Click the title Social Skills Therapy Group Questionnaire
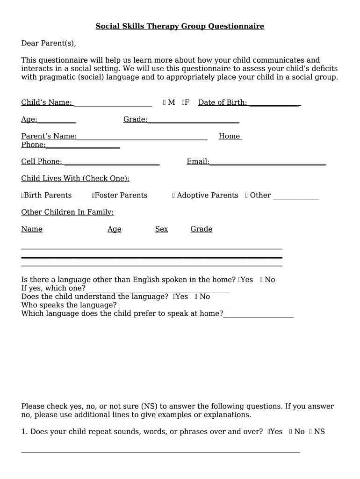pos(180,27)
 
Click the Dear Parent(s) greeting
pos(49,44)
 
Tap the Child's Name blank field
pos(113,103)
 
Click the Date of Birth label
pos(223,102)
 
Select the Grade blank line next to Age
pos(193,120)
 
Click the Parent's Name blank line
pos(142,137)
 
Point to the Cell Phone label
pos(42,161)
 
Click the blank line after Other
pos(295,196)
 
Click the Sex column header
pos(161,229)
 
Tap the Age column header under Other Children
pos(114,229)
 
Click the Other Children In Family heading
pos(67,212)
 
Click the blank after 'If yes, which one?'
pos(158,289)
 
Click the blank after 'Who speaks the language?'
pos(173,305)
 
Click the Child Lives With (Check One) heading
pos(75,179)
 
